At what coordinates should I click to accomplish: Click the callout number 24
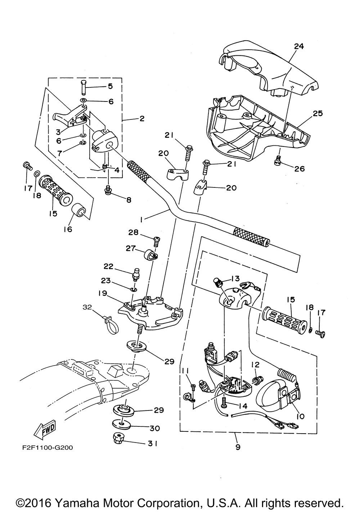pos(299,46)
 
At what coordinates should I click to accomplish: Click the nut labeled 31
pos(117,439)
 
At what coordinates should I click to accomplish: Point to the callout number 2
pos(142,118)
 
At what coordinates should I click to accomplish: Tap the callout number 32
pos(87,307)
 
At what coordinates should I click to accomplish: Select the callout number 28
pos(133,232)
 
